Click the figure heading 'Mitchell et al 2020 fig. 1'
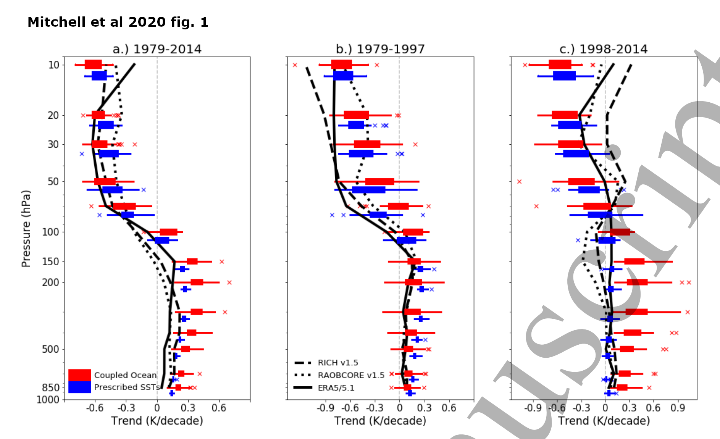118,22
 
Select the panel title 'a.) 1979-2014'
157,49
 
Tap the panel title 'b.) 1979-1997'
380,49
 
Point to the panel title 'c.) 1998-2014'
604,49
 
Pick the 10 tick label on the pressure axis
54,65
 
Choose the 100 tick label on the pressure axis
50,232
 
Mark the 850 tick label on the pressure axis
50,387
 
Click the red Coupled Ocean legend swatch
79,375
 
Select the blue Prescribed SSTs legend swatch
79,387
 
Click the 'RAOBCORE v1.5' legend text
351,375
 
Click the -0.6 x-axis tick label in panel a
95,408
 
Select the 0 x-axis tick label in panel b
399,408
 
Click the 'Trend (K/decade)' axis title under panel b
380,421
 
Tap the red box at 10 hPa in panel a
93,65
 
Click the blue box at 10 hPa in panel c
564,76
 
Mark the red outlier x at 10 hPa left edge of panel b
295,65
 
